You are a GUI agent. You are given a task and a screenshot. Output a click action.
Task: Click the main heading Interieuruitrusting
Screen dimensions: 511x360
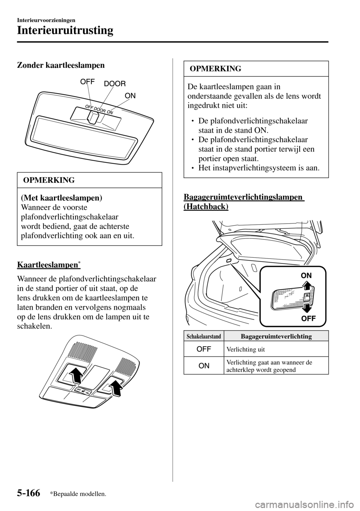point(65,30)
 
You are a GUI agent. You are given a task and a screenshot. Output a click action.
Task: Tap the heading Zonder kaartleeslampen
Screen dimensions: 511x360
point(61,65)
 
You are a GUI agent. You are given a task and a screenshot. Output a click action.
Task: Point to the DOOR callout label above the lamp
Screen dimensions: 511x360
point(115,84)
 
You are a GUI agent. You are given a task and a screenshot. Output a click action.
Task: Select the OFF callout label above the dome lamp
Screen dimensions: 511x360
point(87,81)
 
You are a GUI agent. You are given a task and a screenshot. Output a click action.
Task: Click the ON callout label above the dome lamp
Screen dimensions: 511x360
point(130,96)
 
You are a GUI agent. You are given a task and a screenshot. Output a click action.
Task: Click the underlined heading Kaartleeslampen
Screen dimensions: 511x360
point(47,265)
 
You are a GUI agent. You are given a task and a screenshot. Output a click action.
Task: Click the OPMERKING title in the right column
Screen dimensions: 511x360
point(216,69)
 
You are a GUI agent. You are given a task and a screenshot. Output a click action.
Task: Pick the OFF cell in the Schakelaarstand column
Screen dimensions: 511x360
point(204,349)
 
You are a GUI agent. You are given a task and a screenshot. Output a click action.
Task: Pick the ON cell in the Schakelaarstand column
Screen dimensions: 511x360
point(204,365)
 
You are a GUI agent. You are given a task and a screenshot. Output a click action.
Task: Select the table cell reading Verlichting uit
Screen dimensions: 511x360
point(246,349)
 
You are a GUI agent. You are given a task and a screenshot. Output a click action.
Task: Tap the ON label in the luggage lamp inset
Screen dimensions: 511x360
point(306,275)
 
